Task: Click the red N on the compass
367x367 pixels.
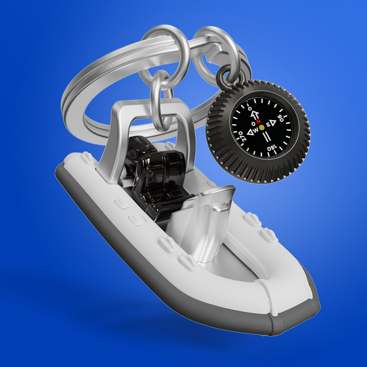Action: pyautogui.click(x=258, y=121)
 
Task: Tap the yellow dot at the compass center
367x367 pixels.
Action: pyautogui.click(x=261, y=127)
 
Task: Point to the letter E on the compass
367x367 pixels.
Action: pyautogui.click(x=268, y=124)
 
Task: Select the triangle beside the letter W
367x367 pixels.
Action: pyautogui.click(x=250, y=132)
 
